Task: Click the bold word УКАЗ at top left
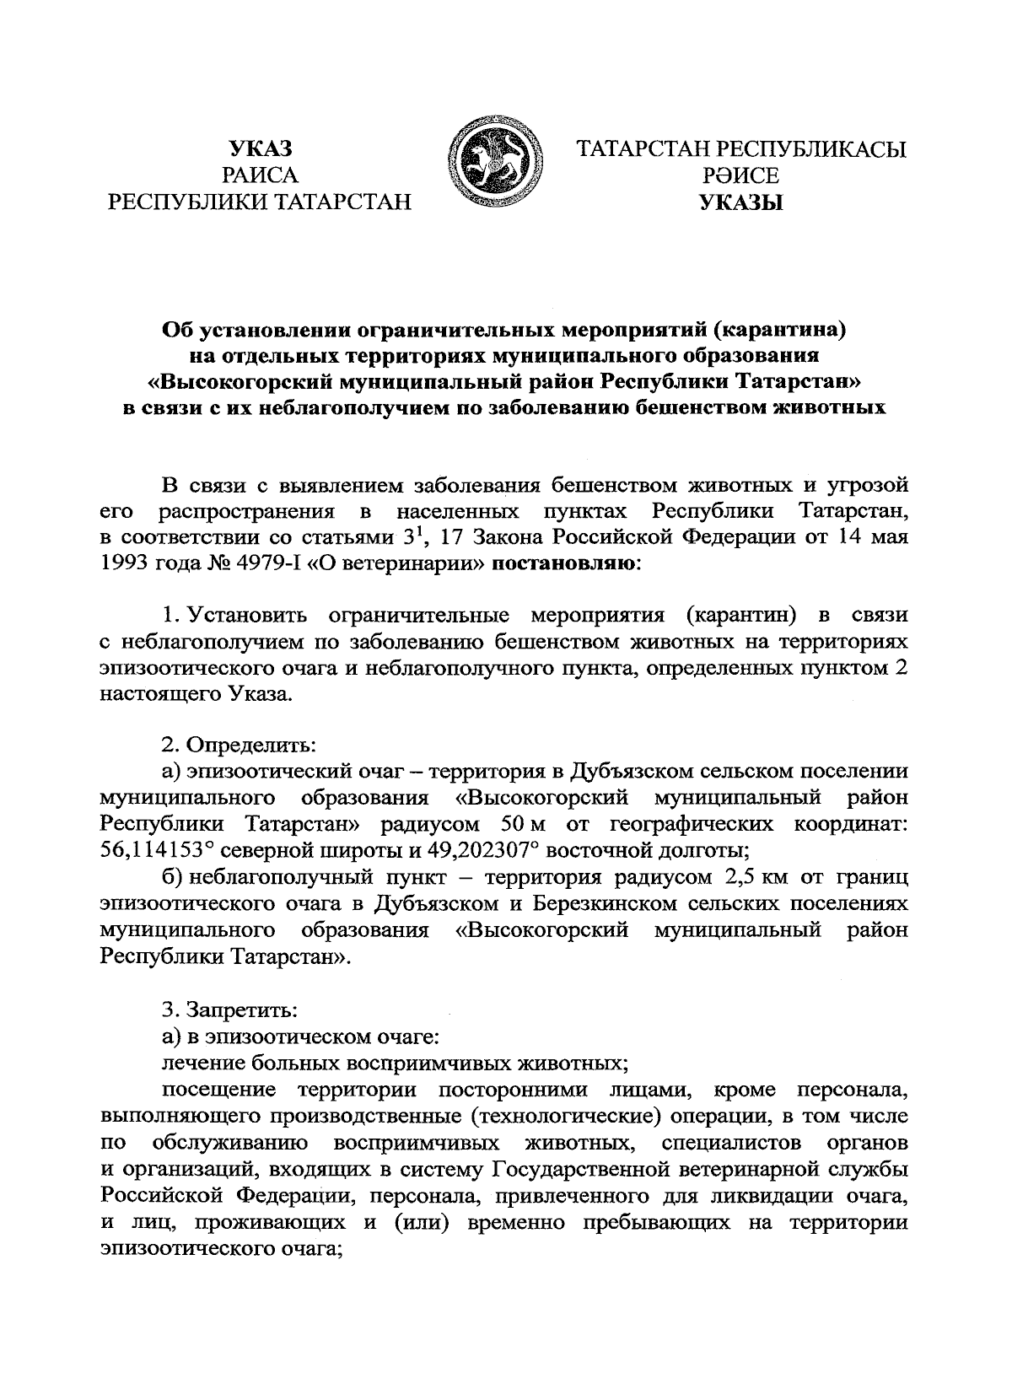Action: click(x=261, y=150)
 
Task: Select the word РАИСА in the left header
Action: click(x=261, y=175)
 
